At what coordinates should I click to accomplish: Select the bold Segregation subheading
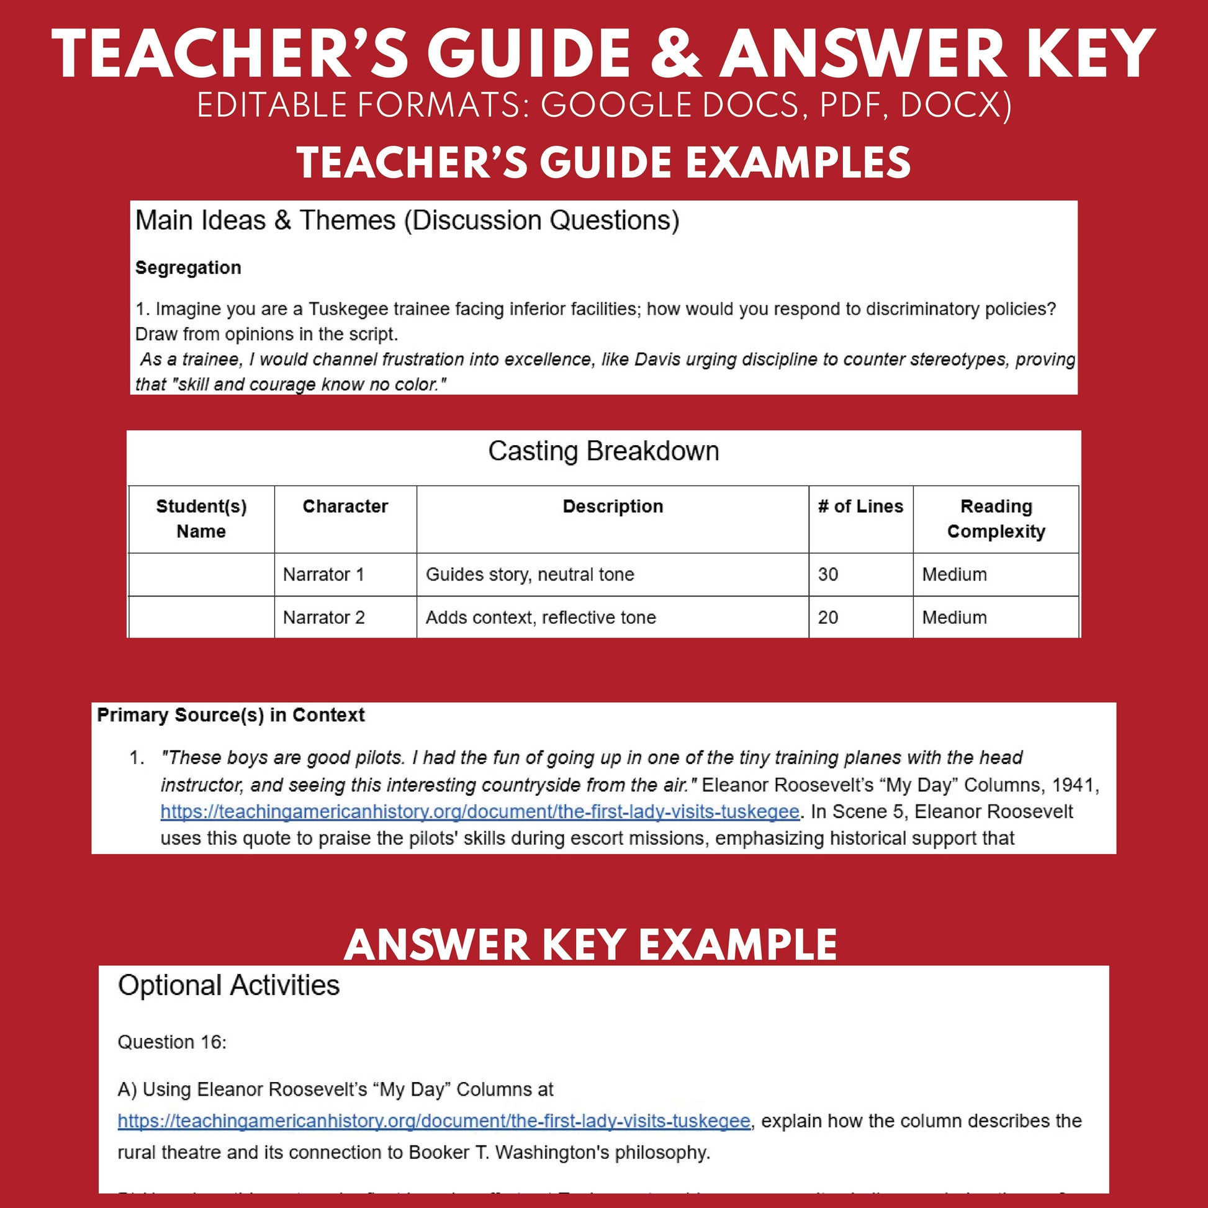(x=188, y=268)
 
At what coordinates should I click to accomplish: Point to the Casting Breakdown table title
(x=603, y=451)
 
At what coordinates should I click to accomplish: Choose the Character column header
(x=345, y=506)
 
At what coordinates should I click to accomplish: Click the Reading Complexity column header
(x=996, y=518)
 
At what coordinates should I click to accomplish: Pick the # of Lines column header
(x=860, y=506)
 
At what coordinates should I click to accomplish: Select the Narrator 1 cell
(x=323, y=574)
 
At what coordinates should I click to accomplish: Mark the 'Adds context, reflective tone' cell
(x=541, y=617)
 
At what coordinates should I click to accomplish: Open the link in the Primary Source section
(x=480, y=811)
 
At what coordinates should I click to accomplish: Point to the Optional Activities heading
(x=229, y=985)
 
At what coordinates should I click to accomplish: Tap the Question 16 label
(x=172, y=1042)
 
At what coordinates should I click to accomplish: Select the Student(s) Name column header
(x=201, y=518)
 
